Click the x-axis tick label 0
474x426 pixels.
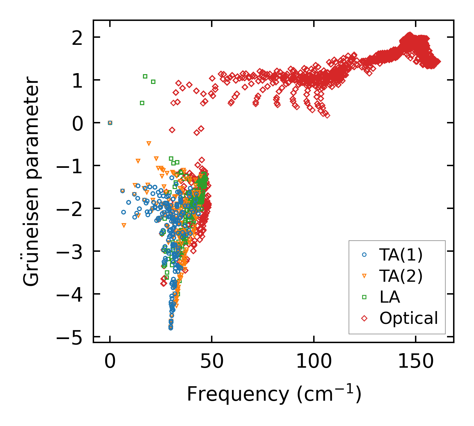[110, 362]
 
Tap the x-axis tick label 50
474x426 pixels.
[212, 362]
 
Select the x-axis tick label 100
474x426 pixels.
[314, 362]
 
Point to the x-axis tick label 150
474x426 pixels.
[416, 362]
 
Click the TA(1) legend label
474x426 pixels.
[401, 255]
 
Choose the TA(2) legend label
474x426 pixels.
[401, 276]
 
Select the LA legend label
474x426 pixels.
[390, 297]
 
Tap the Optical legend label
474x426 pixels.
[409, 318]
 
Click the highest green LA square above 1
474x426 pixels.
[145, 76]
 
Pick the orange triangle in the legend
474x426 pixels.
[364, 276]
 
